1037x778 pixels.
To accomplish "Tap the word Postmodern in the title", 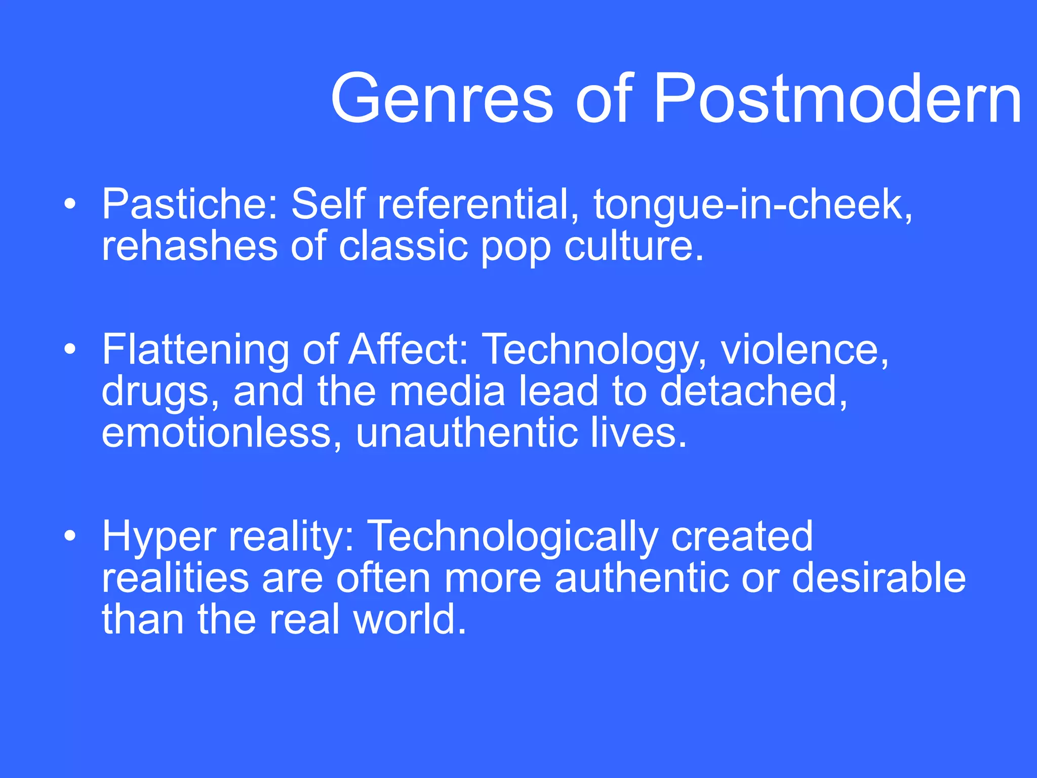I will (837, 99).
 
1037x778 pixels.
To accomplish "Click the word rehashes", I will (189, 246).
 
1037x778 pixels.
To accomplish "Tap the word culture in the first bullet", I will (633, 246).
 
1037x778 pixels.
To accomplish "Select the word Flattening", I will (194, 350).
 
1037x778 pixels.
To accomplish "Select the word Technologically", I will (512, 537).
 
